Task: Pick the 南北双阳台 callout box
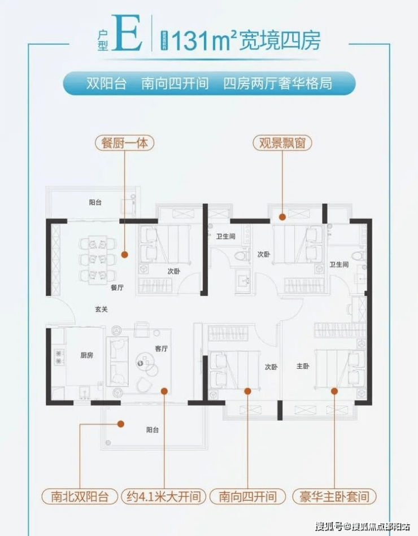click(79, 497)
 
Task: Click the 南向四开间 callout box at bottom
click(247, 497)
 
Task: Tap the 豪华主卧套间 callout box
click(334, 497)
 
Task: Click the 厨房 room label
click(86, 355)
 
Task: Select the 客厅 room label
click(161, 349)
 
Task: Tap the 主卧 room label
click(303, 367)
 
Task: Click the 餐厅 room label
click(117, 287)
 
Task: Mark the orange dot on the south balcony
click(120, 422)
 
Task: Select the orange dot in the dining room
click(125, 255)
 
